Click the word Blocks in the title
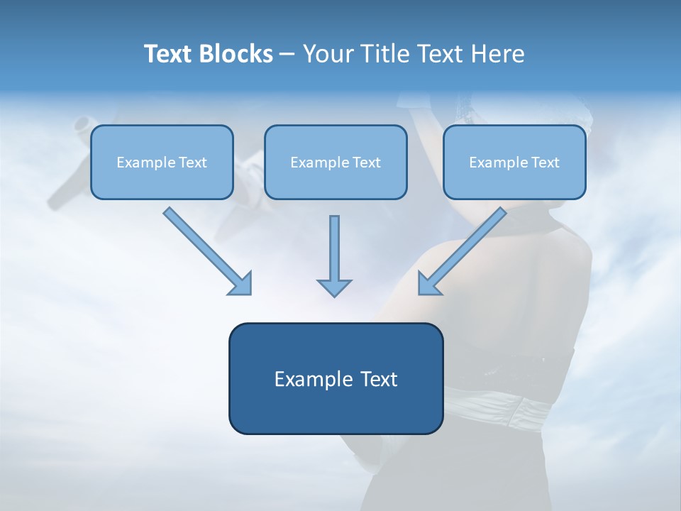point(236,53)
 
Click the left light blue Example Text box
point(162,162)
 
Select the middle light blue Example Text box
point(336,162)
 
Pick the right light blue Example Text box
point(515,162)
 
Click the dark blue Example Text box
point(336,378)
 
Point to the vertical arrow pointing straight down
point(334,256)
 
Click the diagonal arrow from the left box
point(208,251)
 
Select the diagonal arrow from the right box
point(462,251)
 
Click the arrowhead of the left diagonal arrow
point(243,286)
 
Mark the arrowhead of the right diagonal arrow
point(427,286)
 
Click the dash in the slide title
point(287,55)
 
